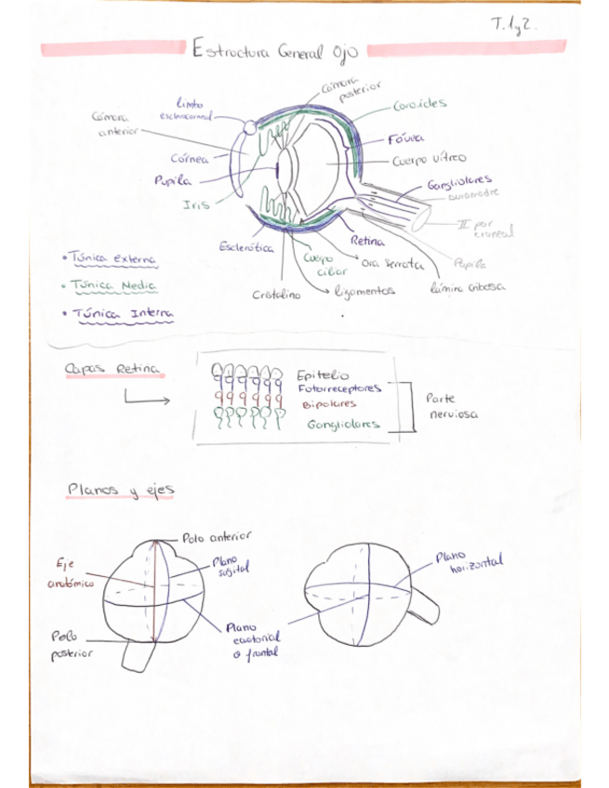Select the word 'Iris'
coord(196,204)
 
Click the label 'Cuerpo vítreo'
coord(429,160)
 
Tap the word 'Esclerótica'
coord(245,248)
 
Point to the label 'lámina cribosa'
coord(468,288)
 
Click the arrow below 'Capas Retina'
coord(146,401)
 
